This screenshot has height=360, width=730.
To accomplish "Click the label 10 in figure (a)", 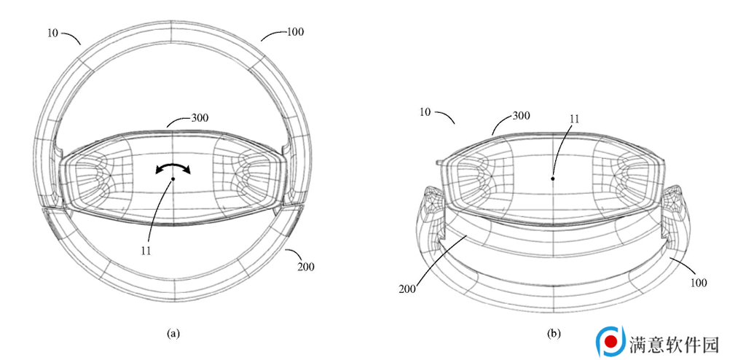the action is [x=52, y=33].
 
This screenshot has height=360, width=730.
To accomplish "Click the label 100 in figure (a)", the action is [x=295, y=31].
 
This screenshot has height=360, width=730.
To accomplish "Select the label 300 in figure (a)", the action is [x=200, y=117].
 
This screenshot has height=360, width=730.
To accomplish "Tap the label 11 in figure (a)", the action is [x=146, y=250].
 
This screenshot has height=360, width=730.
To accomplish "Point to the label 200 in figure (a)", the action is [x=306, y=267].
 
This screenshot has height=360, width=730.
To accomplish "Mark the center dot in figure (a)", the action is [x=173, y=179].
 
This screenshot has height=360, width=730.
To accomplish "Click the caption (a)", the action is [x=173, y=333].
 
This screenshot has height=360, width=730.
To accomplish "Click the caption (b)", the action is [x=554, y=333].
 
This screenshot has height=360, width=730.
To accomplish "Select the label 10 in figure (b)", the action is [x=425, y=112].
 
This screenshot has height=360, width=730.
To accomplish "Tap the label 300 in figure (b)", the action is [x=521, y=115].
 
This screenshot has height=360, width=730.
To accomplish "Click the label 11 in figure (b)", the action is [x=575, y=118].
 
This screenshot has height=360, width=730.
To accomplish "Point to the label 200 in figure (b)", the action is [x=407, y=289].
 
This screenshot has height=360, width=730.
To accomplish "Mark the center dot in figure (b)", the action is [x=553, y=179].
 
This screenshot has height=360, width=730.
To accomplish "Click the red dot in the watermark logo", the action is [x=611, y=341].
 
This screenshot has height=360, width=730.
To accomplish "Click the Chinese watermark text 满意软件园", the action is [x=675, y=345].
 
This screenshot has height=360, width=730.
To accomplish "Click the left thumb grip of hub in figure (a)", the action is [x=98, y=179].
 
